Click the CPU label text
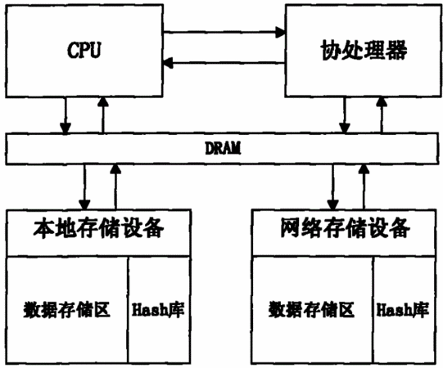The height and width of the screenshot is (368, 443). coord(84,50)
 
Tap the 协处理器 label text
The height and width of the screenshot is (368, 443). coord(364,51)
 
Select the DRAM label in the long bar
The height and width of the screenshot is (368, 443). coord(223,148)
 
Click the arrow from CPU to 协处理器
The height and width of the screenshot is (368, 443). coord(224,32)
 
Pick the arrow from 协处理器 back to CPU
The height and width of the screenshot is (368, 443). coord(224,63)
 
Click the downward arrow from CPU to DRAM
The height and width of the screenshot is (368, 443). coord(66,115)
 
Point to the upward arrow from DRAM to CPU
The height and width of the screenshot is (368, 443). coord(103,115)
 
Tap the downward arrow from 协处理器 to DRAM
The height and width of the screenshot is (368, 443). coord(345,115)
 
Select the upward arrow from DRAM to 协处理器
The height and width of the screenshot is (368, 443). coord(382,115)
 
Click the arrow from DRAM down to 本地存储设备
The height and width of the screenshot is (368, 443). coord(84,186)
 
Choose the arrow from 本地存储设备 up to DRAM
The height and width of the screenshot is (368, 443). coord(115,186)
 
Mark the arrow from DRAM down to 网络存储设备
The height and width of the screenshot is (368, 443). coord(332,186)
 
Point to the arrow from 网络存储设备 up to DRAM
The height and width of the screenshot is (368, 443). coord(364,186)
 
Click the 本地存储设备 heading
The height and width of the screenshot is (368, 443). coord(98,227)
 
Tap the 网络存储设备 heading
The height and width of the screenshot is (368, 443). coord(346,227)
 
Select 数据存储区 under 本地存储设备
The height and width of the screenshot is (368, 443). coord(66,309)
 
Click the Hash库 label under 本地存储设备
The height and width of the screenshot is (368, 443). coord(158,309)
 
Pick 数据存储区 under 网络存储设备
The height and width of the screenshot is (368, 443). coord(311,309)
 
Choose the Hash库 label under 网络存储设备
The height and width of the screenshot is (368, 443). coord(403,309)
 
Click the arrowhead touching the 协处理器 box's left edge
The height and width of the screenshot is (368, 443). coord(281,32)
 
